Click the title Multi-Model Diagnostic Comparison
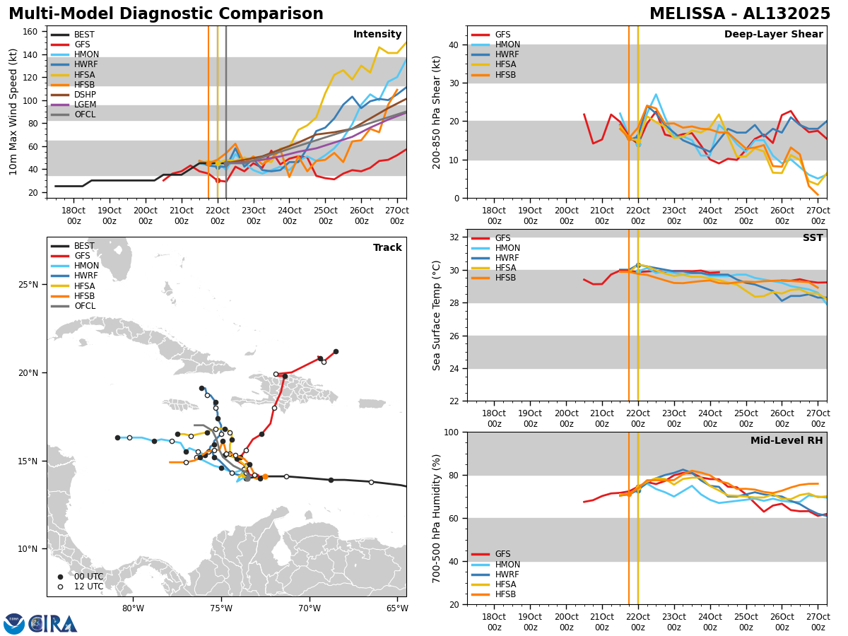166,14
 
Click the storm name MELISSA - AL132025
740,14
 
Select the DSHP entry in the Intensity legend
85,95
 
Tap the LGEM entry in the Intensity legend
85,105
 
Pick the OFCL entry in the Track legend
85,306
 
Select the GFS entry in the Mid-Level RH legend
502,554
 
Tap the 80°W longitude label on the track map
133,608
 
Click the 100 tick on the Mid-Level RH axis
452,432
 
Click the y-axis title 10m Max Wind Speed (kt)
13,112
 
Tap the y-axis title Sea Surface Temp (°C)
437,315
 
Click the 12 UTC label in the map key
88,587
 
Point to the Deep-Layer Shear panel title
773,35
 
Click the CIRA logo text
54,623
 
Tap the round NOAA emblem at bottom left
14,623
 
